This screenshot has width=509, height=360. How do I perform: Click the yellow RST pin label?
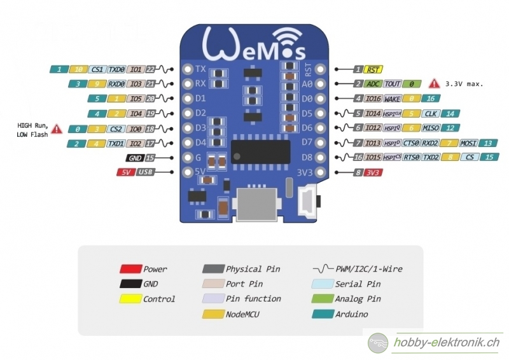374,69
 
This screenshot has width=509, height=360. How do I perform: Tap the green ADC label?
373,83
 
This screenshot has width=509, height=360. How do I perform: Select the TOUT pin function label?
393,83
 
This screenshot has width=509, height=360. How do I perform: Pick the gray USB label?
145,172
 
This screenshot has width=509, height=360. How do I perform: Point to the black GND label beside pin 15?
134,158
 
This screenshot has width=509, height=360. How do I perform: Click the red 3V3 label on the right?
373,172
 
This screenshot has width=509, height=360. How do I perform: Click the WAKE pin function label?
393,99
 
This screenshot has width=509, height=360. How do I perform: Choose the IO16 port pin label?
373,99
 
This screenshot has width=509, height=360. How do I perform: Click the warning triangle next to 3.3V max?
434,83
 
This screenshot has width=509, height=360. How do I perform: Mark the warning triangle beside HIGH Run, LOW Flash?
57,128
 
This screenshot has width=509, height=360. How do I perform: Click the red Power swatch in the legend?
130,269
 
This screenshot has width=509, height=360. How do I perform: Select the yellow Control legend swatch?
130,298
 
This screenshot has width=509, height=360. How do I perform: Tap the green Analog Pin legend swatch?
322,298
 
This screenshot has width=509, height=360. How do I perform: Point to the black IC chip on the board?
260,151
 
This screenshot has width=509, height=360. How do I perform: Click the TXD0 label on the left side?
116,69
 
